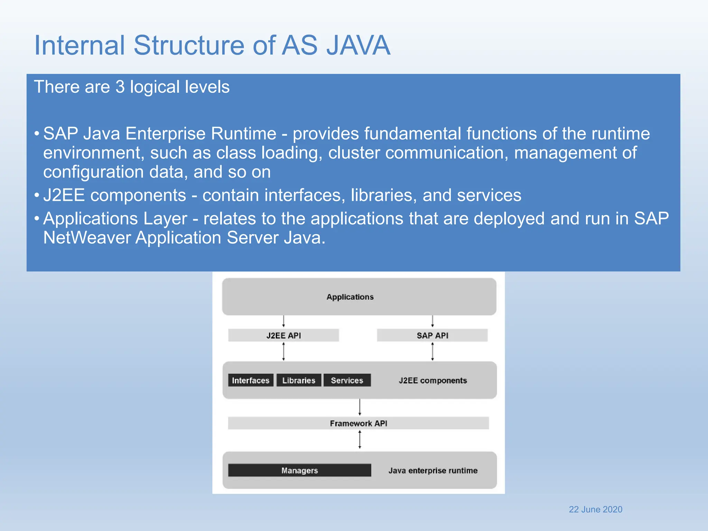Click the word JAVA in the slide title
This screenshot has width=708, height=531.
358,45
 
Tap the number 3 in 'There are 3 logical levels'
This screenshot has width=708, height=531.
120,87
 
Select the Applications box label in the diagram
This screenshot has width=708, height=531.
350,297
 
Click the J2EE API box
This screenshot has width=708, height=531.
283,335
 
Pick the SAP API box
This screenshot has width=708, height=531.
432,335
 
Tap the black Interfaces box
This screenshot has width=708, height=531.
251,380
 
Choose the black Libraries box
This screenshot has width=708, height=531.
299,380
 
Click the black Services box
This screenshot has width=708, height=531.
347,380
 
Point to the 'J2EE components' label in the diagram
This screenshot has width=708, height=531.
432,380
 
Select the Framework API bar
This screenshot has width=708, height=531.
358,423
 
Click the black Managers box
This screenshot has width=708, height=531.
299,470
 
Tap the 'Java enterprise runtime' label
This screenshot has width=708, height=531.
433,470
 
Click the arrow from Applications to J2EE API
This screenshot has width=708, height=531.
283,321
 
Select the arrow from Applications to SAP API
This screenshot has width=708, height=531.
432,321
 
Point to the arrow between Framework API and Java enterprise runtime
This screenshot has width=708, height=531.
360,439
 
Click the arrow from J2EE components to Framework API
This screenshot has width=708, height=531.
360,407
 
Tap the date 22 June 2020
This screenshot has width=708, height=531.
595,509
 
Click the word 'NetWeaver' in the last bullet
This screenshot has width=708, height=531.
87,238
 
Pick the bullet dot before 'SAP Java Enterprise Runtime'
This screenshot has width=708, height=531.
37,133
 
